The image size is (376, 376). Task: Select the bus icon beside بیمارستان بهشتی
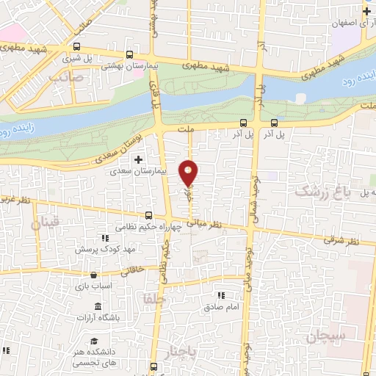(129, 54)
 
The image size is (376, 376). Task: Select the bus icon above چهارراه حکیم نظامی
(149, 215)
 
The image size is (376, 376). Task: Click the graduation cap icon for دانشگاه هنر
(95, 340)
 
